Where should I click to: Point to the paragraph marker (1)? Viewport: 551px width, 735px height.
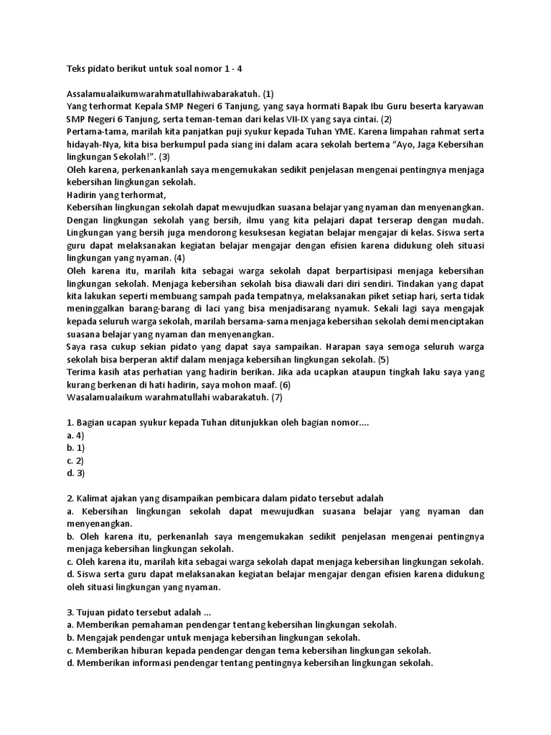click(268, 93)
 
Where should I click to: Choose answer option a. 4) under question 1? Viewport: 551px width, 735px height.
click(75, 435)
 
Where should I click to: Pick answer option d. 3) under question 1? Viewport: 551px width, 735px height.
click(75, 473)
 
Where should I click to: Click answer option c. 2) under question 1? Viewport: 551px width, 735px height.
click(75, 460)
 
